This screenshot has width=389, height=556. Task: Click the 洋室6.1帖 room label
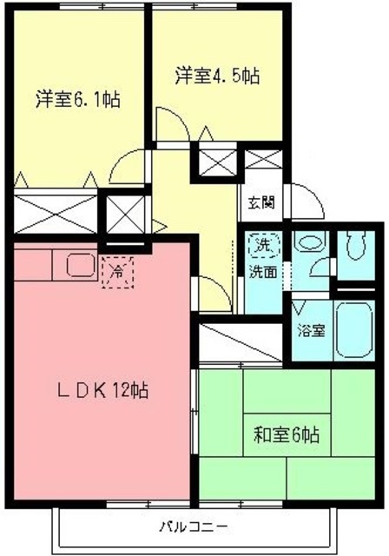77,99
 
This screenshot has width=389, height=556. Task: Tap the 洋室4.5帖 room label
216,76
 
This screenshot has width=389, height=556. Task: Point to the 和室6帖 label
287,434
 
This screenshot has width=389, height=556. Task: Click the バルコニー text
193,527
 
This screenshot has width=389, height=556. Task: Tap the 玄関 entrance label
260,204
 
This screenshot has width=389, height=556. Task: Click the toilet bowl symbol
354,247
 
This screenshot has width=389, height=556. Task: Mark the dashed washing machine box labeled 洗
262,246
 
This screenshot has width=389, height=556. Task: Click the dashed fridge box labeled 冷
116,272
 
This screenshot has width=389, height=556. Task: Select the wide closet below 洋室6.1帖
56,210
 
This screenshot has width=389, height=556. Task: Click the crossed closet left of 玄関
216,162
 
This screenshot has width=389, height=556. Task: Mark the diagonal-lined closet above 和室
241,341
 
